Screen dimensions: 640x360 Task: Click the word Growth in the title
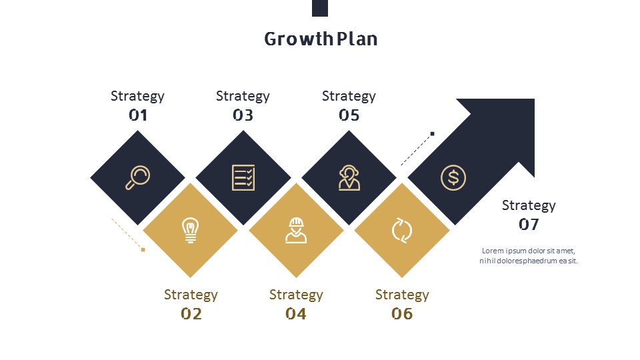tap(299, 39)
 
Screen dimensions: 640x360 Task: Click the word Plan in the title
tap(357, 39)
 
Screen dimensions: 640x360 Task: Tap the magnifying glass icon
tap(137, 177)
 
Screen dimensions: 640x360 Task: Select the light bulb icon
tap(190, 230)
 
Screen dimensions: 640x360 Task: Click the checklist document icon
tap(243, 177)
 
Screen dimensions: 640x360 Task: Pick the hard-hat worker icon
tap(296, 230)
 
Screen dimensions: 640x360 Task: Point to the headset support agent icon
tap(349, 177)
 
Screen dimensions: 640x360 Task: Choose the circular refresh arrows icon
tap(402, 230)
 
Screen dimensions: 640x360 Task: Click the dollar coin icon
tap(453, 177)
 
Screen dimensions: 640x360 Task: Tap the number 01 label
tap(138, 115)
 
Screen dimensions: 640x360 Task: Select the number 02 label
tap(191, 314)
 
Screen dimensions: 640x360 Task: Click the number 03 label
tap(243, 115)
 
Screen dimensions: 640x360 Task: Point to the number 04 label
tap(296, 314)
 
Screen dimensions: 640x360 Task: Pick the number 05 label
tap(349, 115)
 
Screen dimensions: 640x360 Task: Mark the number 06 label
tap(402, 314)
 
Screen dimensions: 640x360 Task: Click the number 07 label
tap(529, 224)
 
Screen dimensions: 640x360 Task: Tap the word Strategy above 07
tap(529, 206)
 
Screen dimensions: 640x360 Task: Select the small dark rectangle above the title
tap(320, 8)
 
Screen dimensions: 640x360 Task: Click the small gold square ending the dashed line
tap(143, 250)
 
